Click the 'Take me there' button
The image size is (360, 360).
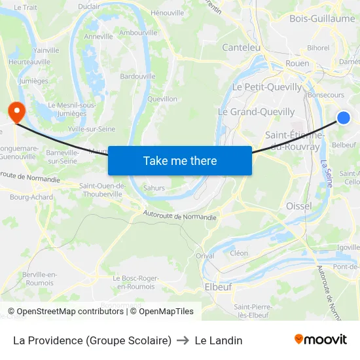click(180, 160)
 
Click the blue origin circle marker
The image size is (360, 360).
click(344, 118)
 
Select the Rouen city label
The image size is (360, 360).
click(297, 63)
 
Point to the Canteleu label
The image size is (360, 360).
click(241, 47)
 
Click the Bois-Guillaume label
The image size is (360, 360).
click(322, 18)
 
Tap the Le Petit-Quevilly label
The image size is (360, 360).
click(268, 86)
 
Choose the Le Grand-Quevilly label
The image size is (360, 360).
click(256, 112)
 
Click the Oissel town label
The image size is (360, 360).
click(299, 206)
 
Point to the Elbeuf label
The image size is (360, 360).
click(218, 287)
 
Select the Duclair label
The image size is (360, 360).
click(89, 7)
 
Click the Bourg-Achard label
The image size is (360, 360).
click(31, 196)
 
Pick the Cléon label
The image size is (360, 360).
click(239, 253)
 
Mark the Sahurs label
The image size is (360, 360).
click(154, 188)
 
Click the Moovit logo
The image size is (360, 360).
click(321, 340)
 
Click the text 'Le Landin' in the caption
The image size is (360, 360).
click(219, 340)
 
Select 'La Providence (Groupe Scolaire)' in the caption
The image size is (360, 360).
click(92, 340)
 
